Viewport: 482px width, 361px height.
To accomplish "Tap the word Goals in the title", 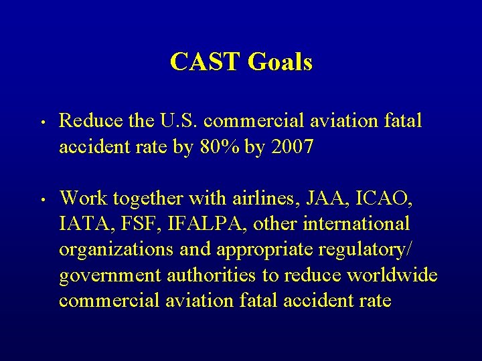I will [x=280, y=62].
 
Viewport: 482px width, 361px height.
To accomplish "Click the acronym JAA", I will [x=321, y=199].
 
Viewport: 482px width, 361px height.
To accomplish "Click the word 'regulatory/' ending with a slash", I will [x=362, y=249].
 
